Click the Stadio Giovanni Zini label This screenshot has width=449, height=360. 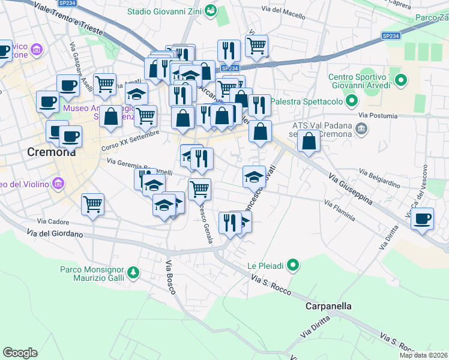(164, 11)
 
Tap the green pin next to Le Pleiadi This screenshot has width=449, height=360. (293, 265)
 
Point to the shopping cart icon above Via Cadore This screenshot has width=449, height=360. (93, 205)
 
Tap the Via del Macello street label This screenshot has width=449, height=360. (284, 9)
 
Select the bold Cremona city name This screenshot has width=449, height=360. (52, 152)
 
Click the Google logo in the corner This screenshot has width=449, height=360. (20, 353)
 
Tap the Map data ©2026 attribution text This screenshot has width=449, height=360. (424, 355)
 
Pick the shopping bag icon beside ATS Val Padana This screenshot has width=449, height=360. (309, 142)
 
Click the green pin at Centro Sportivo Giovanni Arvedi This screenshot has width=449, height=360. (402, 79)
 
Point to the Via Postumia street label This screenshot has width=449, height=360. (378, 115)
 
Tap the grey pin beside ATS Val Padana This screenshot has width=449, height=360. (361, 128)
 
